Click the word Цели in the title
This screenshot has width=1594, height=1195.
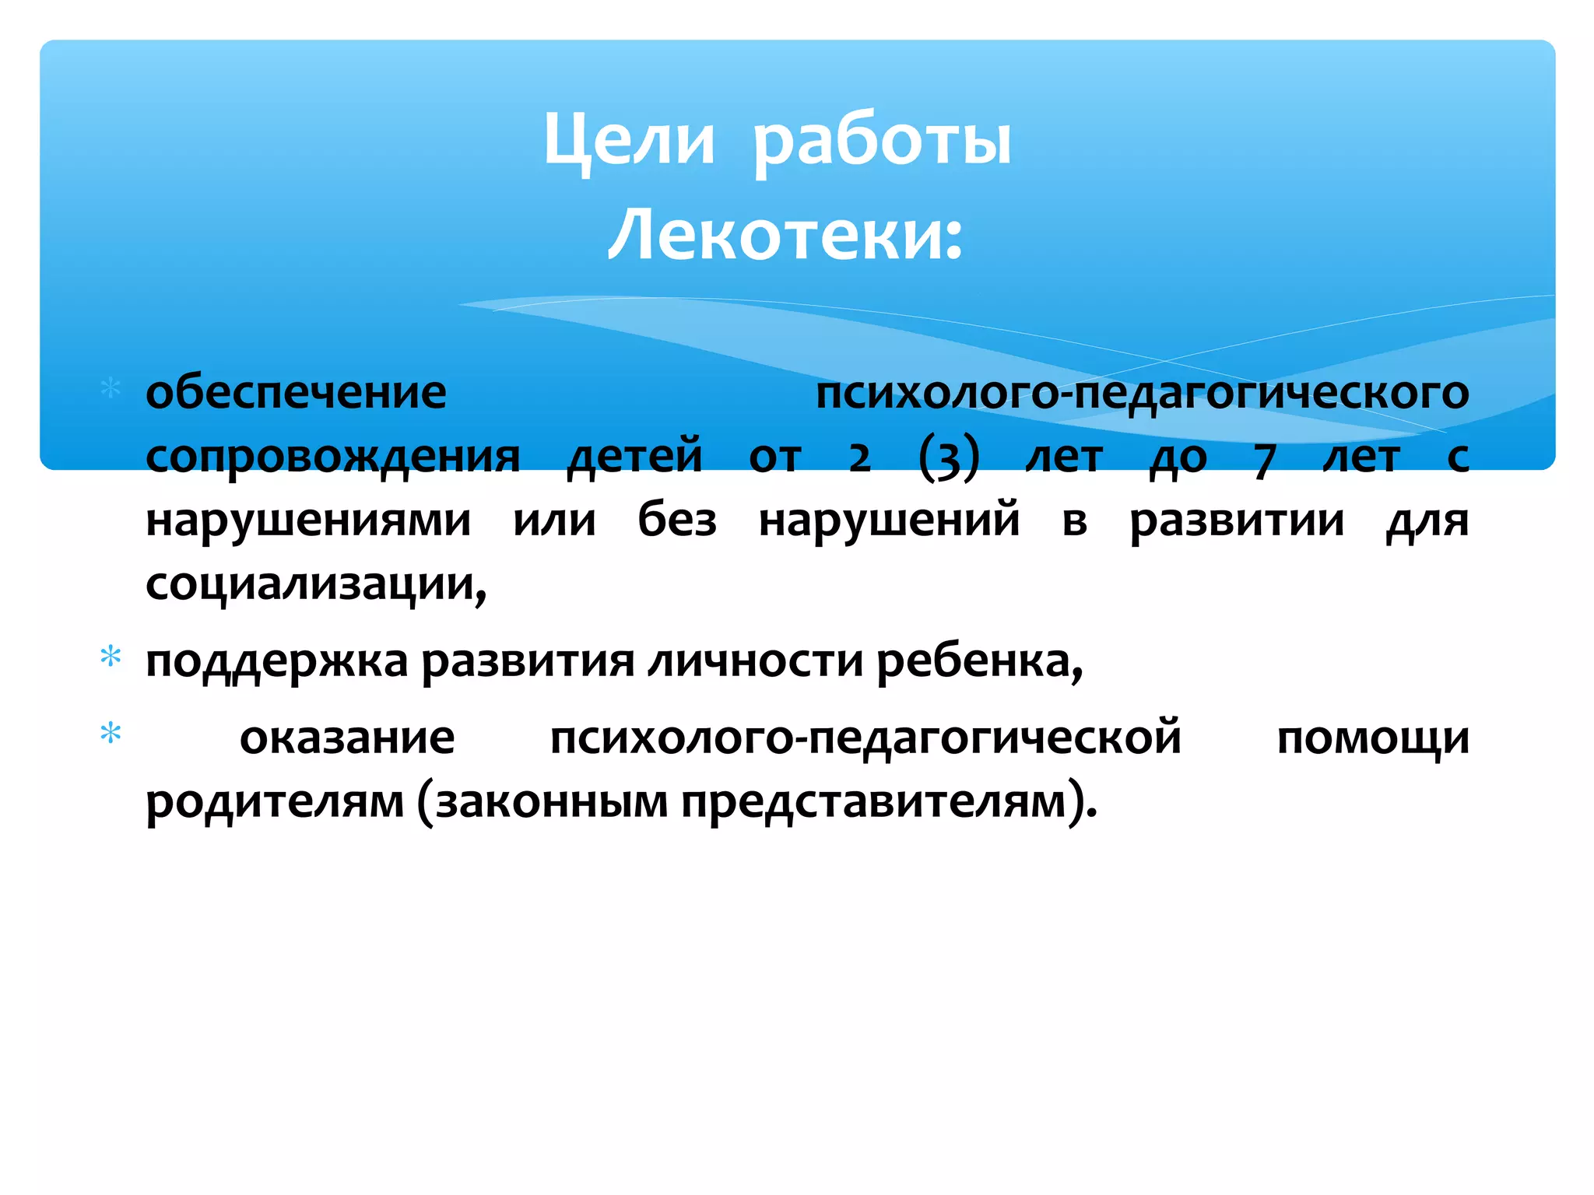tap(628, 141)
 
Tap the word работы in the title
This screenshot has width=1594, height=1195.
tap(882, 141)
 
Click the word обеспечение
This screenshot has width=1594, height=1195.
tap(296, 393)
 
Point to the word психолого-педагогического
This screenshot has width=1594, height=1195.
tap(1142, 393)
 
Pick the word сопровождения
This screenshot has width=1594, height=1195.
tap(332, 457)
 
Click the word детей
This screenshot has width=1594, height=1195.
tap(634, 457)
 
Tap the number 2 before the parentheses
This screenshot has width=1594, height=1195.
tap(859, 459)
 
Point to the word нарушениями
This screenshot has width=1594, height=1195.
tap(308, 520)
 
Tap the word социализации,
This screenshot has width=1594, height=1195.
tap(316, 584)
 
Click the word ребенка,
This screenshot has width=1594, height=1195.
tap(979, 661)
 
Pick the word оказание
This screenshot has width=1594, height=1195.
tap(347, 738)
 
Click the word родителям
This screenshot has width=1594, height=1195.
tap(275, 802)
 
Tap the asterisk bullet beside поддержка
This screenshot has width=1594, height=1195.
tap(111, 657)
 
